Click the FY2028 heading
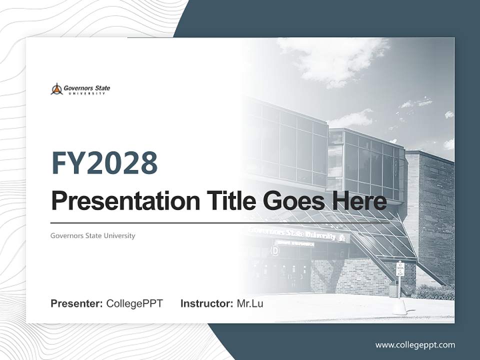(104, 163)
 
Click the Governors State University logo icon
(56, 89)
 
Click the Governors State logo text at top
(86, 88)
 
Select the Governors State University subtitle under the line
(92, 235)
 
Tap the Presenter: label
(77, 303)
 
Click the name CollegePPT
(134, 303)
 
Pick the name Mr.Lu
(250, 303)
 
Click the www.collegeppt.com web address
(415, 345)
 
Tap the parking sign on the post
(399, 268)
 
